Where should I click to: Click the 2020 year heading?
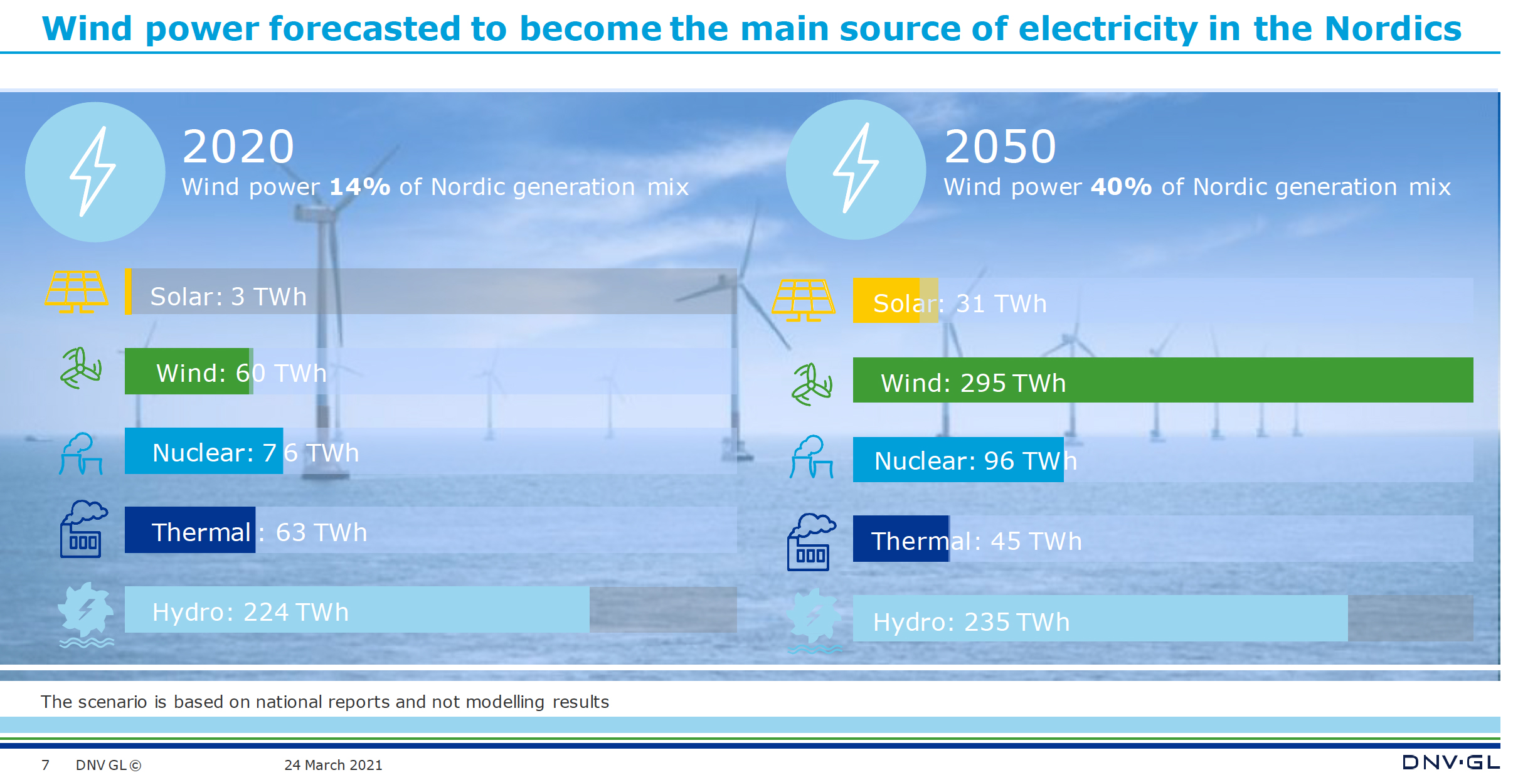click(x=238, y=147)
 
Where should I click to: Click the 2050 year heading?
click(x=1001, y=147)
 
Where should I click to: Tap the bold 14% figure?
click(x=360, y=187)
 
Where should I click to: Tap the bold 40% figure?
click(x=1122, y=187)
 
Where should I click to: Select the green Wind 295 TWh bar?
click(x=1163, y=380)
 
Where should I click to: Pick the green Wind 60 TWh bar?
click(x=188, y=371)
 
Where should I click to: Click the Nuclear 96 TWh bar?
click(x=958, y=460)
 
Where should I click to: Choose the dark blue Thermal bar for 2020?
click(x=190, y=530)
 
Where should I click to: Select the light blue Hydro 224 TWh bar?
click(x=357, y=609)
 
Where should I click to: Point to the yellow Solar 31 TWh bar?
click(x=895, y=300)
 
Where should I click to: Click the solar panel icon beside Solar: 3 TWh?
click(x=77, y=292)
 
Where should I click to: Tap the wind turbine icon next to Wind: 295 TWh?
click(x=812, y=384)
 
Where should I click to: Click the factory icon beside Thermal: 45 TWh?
click(x=811, y=542)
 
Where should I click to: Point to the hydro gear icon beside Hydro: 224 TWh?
click(x=86, y=614)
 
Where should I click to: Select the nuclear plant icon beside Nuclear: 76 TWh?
click(x=81, y=453)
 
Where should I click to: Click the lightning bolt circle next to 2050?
click(x=856, y=169)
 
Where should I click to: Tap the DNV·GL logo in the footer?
click(x=1451, y=762)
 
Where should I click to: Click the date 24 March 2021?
click(x=333, y=765)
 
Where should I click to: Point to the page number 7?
click(x=45, y=765)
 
